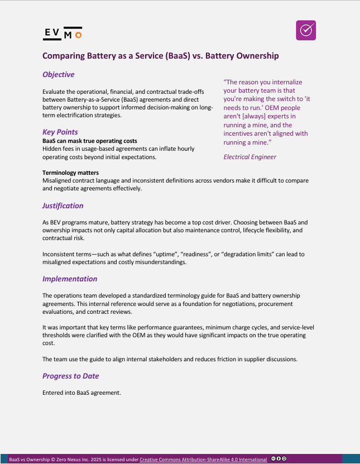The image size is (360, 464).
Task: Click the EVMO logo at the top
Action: tap(63, 34)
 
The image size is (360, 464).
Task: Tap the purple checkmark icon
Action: tap(306, 31)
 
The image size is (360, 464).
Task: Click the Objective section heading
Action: tap(59, 74)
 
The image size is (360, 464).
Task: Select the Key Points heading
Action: tap(60, 132)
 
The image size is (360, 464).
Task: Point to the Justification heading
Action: tap(63, 205)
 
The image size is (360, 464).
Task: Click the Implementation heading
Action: tap(70, 279)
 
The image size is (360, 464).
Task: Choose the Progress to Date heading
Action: tap(71, 376)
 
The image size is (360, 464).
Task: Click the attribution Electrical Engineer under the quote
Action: tap(250, 157)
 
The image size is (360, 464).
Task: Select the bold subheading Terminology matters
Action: tap(70, 173)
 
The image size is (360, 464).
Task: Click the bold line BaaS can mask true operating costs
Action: tap(90, 141)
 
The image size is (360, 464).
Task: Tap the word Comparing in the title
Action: tap(64, 56)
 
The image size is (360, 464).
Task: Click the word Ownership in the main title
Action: tap(255, 56)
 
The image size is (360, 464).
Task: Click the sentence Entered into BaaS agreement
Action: tap(81, 393)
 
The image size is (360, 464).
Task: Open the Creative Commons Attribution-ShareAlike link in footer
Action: tap(203, 459)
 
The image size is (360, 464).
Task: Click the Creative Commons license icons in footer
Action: tap(279, 458)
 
